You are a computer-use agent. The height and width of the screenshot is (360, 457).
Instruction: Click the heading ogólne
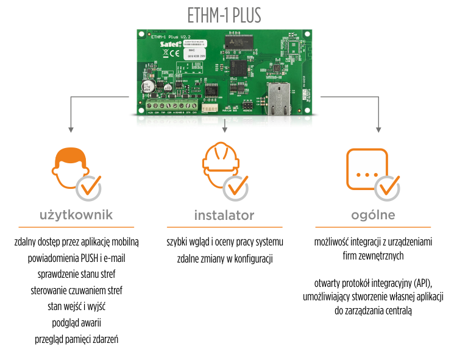(374, 215)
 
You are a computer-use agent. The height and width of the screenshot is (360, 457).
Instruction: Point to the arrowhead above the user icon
(71, 129)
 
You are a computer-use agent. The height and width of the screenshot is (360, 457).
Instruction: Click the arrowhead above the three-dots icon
(378, 129)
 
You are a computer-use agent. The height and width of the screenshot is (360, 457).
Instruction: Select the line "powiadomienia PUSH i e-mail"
(76, 258)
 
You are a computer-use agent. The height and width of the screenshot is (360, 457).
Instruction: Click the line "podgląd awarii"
(76, 322)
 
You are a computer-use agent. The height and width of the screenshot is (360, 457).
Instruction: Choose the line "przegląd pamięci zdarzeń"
(76, 339)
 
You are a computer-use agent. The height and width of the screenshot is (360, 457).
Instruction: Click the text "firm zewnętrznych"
(373, 256)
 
